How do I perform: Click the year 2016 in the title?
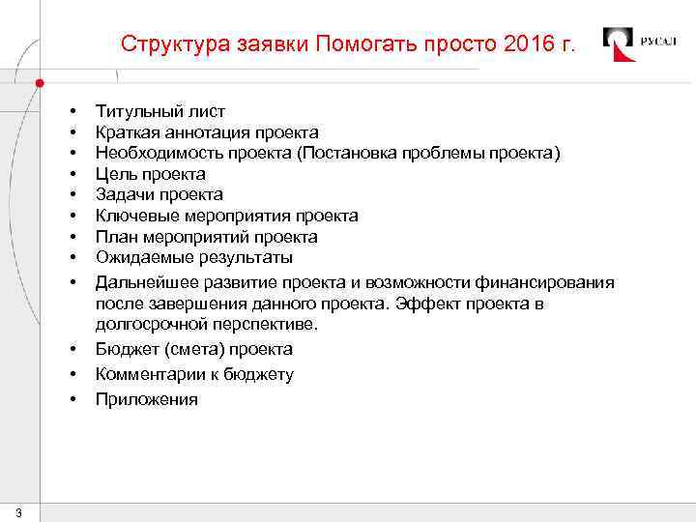pyautogui.click(x=530, y=44)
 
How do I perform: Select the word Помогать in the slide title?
pyautogui.click(x=350, y=44)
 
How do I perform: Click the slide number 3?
pyautogui.click(x=19, y=511)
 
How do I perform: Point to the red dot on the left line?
pyautogui.click(x=40, y=82)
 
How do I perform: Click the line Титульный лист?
pyautogui.click(x=159, y=111)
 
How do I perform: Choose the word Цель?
pyautogui.click(x=115, y=174)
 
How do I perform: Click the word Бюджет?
pyautogui.click(x=126, y=349)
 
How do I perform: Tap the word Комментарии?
pyautogui.click(x=147, y=374)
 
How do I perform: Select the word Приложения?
pyautogui.click(x=146, y=398)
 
